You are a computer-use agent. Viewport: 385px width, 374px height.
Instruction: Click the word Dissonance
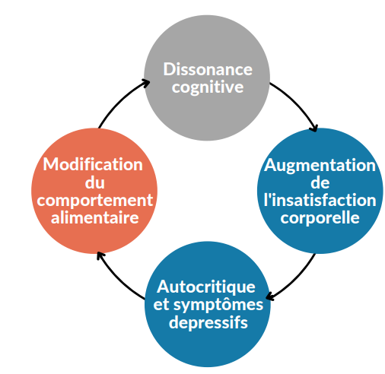(208, 69)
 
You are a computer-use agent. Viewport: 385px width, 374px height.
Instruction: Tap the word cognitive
(208, 87)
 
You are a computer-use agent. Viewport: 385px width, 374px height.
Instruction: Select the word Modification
(93, 164)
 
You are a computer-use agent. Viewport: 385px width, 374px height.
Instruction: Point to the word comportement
(95, 201)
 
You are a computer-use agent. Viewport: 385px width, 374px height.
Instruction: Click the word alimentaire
(95, 217)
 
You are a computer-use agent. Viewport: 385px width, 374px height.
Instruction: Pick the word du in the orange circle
(95, 182)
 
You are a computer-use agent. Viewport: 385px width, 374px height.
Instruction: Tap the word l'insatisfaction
(320, 200)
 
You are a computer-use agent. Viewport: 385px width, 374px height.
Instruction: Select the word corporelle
(320, 218)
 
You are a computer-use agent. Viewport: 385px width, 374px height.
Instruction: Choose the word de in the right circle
(320, 182)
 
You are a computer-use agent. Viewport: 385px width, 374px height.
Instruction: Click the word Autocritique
(206, 287)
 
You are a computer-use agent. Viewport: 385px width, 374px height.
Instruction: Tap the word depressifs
(208, 323)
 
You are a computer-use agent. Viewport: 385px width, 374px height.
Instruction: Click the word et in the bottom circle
(161, 305)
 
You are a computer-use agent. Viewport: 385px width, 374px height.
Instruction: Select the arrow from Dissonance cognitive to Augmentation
(297, 102)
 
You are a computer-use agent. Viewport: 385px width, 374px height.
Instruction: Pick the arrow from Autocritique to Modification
(117, 279)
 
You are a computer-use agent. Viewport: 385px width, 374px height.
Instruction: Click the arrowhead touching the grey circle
(145, 83)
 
